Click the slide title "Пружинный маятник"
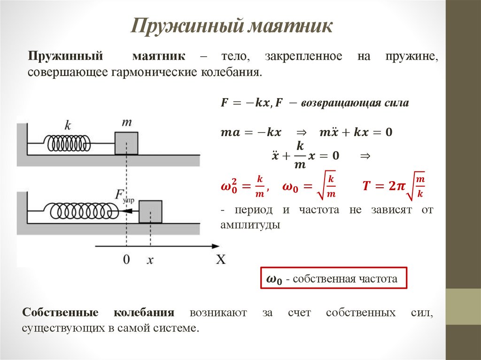point(232,26)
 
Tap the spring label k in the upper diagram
point(68,125)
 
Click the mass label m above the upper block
point(126,123)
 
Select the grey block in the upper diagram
point(126,143)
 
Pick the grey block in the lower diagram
point(150,212)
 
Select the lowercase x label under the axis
point(150,260)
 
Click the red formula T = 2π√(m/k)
point(393,186)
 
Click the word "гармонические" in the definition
point(149,73)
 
